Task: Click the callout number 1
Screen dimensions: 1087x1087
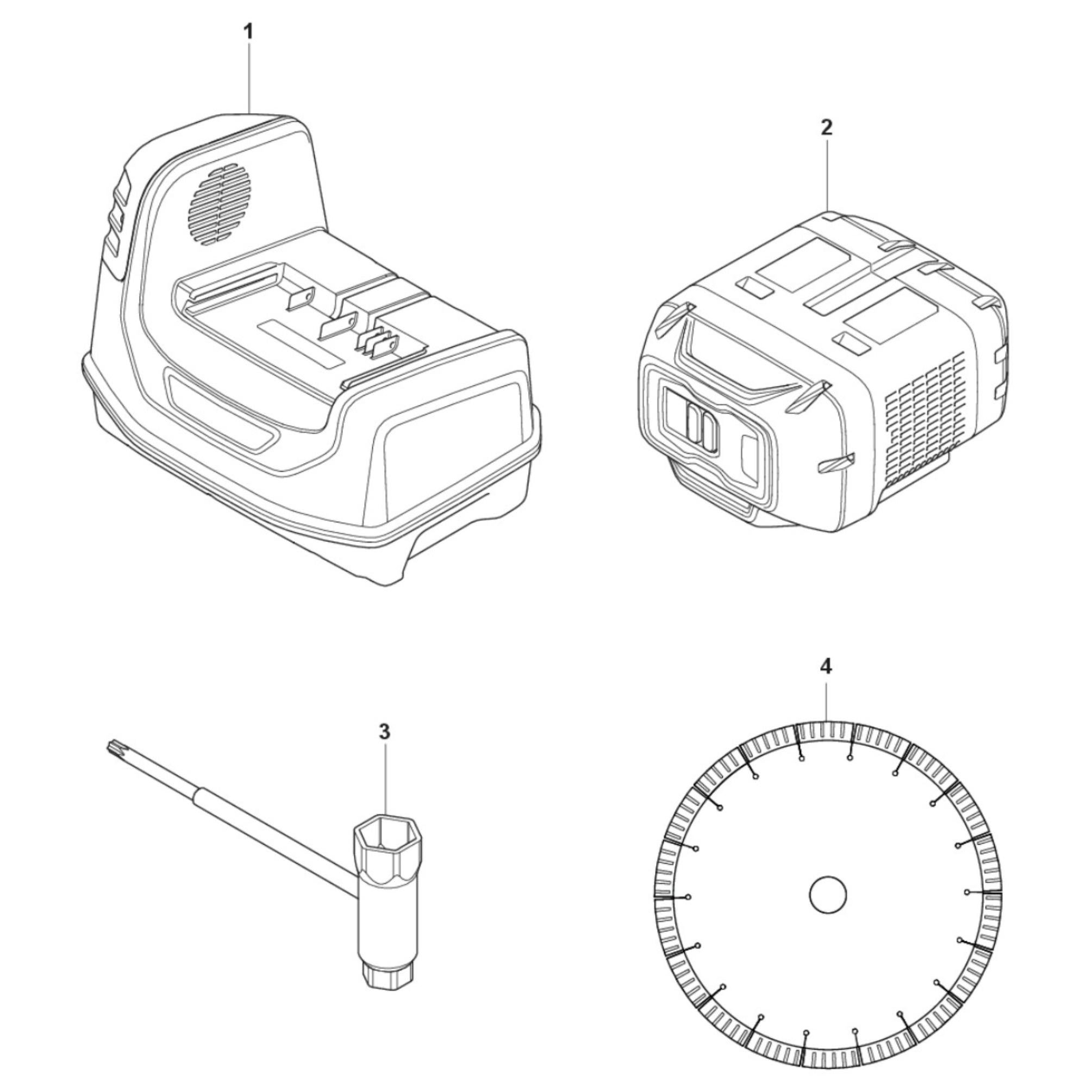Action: tap(248, 32)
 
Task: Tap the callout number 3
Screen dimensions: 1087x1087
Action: tap(384, 732)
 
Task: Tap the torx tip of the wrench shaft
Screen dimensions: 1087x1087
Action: tap(113, 748)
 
